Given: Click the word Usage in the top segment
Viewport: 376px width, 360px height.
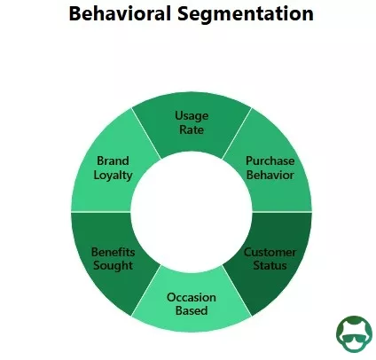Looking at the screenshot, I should (192, 116).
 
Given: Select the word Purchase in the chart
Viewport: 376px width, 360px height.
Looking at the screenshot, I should (270, 161).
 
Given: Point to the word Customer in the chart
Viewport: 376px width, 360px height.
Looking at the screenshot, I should (270, 252).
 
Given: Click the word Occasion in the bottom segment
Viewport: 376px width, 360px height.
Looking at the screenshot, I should (192, 297).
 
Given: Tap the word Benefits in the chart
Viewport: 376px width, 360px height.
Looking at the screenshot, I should (113, 252).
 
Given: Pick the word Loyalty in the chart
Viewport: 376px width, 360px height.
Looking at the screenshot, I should (113, 176).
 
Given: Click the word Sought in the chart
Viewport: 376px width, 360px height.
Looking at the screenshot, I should (113, 266).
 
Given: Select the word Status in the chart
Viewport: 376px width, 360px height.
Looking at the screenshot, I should (270, 266).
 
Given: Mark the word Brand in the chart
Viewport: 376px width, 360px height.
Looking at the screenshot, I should (113, 161).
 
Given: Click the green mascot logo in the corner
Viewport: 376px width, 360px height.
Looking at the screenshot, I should (354, 332).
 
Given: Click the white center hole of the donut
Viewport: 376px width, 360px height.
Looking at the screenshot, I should (192, 213).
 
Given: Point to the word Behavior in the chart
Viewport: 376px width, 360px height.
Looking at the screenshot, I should (270, 176).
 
